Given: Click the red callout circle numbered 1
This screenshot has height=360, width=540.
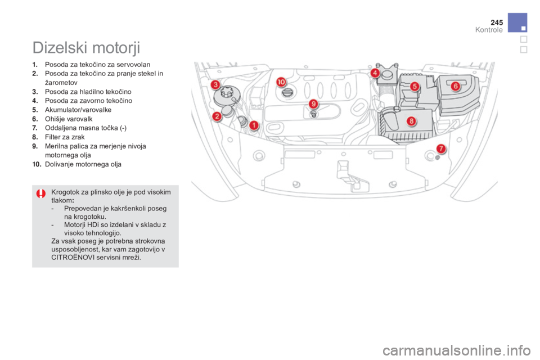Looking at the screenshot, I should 254,125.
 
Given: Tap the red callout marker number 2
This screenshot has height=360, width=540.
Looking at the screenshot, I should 217,116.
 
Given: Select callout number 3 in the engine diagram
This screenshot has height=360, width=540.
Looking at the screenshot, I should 215,85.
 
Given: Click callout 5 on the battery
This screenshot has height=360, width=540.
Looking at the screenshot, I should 415,87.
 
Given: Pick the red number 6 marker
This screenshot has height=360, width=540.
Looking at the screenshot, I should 455,85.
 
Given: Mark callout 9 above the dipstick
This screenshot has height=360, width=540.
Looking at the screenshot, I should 314,103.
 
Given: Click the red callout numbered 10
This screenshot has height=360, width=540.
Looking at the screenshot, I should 281,82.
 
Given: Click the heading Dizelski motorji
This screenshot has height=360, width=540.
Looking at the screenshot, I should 86,46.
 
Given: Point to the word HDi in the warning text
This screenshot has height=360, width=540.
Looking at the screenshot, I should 91,224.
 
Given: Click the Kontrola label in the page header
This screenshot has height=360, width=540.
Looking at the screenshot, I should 488,30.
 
